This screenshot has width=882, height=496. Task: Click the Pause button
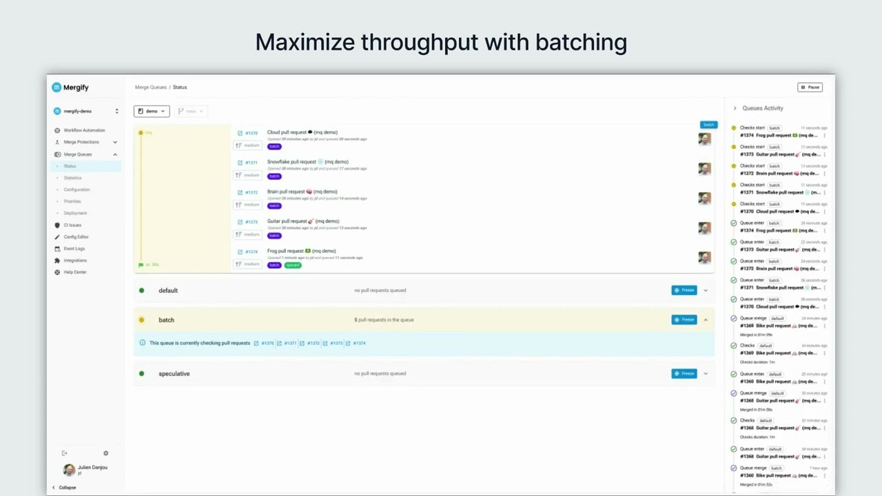click(810, 87)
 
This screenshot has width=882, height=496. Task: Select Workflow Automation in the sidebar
click(84, 130)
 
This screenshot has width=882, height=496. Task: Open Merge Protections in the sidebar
click(81, 142)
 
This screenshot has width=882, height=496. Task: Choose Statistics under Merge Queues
click(72, 178)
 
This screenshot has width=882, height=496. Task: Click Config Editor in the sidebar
click(76, 237)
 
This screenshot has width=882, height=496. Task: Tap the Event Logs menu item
click(74, 249)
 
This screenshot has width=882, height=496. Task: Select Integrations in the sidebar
click(75, 260)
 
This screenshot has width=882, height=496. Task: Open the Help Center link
click(75, 272)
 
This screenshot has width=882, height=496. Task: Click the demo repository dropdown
click(152, 111)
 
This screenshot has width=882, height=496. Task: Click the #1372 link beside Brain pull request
click(251, 192)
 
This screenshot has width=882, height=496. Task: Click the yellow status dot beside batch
click(142, 320)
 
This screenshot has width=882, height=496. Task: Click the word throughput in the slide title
click(420, 43)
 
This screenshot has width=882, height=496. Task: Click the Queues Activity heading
click(762, 108)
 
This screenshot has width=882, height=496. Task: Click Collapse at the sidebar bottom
click(67, 487)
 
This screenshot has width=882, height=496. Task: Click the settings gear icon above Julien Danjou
click(105, 453)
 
